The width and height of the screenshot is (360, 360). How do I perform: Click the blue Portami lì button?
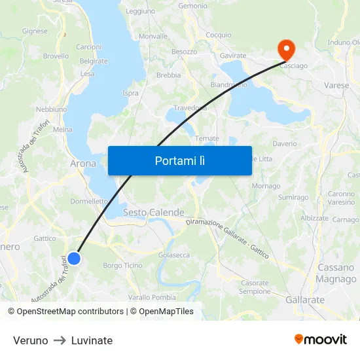(180, 160)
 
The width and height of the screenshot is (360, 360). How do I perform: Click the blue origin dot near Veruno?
(74, 259)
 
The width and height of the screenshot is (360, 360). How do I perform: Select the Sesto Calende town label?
(154, 213)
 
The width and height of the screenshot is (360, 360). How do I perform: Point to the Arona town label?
(83, 164)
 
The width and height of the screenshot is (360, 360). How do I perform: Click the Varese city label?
(336, 85)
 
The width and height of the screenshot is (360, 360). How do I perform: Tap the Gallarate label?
(305, 300)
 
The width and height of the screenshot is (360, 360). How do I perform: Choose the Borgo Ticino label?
(122, 265)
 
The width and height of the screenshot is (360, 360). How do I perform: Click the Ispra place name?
(130, 93)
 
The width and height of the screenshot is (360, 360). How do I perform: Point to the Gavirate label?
(233, 56)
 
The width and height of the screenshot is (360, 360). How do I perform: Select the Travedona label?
(190, 107)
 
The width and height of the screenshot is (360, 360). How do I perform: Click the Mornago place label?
(266, 186)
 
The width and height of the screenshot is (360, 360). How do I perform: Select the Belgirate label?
(94, 61)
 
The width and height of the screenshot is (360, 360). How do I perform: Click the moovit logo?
(321, 340)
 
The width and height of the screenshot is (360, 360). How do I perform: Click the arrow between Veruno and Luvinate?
(60, 340)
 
